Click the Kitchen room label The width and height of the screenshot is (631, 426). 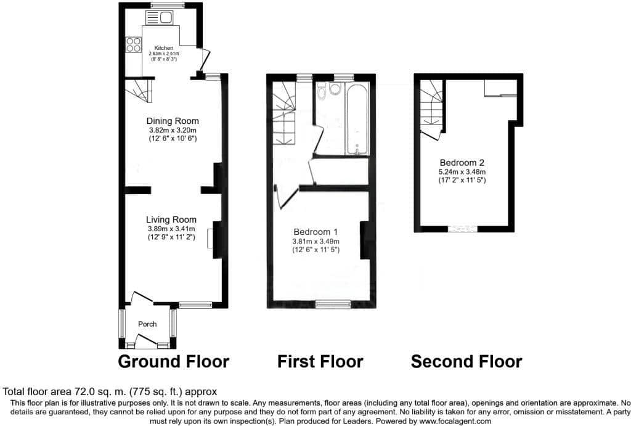pyautogui.click(x=164, y=48)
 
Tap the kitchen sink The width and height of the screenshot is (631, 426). pyautogui.click(x=160, y=18)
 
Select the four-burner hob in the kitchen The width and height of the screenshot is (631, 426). pyautogui.click(x=134, y=44)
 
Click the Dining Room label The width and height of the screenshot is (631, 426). pyautogui.click(x=173, y=121)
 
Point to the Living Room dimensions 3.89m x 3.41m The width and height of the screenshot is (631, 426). pyautogui.click(x=171, y=229)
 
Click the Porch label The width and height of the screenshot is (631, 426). pyautogui.click(x=147, y=324)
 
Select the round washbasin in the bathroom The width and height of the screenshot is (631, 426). pyautogui.click(x=335, y=89)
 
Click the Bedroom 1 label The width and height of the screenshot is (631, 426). pyautogui.click(x=315, y=232)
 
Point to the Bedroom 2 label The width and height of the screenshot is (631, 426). pyautogui.click(x=462, y=163)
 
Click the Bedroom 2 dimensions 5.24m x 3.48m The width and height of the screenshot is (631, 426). pyautogui.click(x=462, y=172)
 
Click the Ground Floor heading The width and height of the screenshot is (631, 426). pyautogui.click(x=173, y=362)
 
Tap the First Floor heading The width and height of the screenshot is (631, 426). pyautogui.click(x=320, y=362)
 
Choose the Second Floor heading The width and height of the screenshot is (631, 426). pyautogui.click(x=466, y=362)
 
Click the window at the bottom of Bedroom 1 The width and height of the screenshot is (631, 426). pyautogui.click(x=333, y=305)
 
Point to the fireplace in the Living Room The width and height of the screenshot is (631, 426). pyautogui.click(x=210, y=239)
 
